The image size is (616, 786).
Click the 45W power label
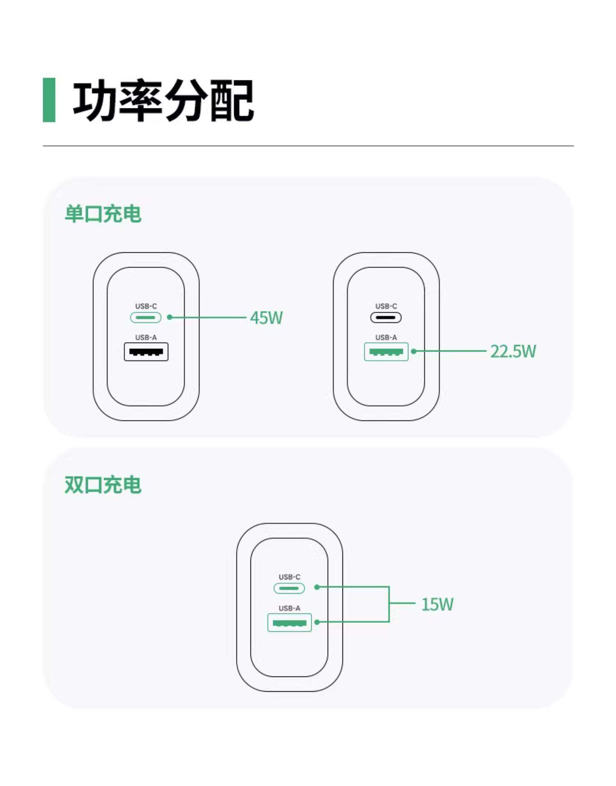[x=266, y=318]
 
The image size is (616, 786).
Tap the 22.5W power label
[x=513, y=351]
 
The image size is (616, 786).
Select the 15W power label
[x=437, y=604]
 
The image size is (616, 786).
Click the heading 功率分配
[x=163, y=101]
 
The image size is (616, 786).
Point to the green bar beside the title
[x=49, y=100]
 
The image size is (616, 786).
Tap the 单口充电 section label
[x=103, y=214]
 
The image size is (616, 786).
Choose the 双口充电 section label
[x=103, y=485]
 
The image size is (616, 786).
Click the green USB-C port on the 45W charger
[x=146, y=318]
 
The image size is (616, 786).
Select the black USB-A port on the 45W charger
[x=146, y=352]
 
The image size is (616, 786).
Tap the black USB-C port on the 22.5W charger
[x=386, y=318]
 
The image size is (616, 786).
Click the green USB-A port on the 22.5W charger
[x=386, y=352]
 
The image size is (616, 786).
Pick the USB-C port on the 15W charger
[x=289, y=588]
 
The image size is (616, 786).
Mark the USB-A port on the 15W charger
[x=290, y=622]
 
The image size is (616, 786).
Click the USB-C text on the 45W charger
[x=146, y=306]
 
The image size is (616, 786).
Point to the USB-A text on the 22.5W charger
[x=386, y=337]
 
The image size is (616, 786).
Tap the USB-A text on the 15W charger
[x=290, y=608]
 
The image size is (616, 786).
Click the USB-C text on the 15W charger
[x=290, y=577]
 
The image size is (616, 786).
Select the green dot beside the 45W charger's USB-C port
[x=170, y=317]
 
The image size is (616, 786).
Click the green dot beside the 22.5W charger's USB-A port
[x=414, y=351]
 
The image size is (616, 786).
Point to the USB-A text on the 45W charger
[x=146, y=337]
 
